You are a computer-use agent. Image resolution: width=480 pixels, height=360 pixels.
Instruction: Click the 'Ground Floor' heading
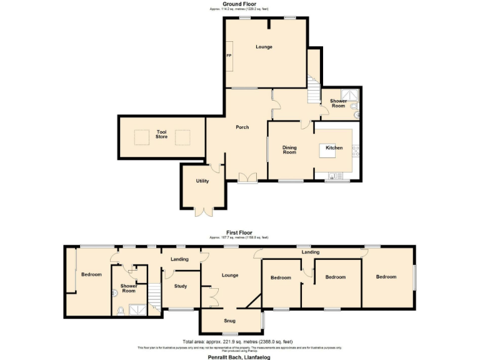(239, 4)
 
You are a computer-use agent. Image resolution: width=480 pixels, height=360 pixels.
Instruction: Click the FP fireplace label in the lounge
(229, 56)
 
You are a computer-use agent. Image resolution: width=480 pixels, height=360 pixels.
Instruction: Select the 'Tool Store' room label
(161, 134)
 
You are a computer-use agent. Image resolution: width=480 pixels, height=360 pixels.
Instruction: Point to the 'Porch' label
(242, 127)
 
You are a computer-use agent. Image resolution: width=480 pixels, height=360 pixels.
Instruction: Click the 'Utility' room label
(202, 181)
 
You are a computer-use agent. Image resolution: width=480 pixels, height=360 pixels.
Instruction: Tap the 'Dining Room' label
(289, 150)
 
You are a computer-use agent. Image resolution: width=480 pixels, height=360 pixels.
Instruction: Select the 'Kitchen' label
(334, 147)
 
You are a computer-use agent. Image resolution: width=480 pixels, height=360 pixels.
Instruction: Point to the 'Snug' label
(229, 321)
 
